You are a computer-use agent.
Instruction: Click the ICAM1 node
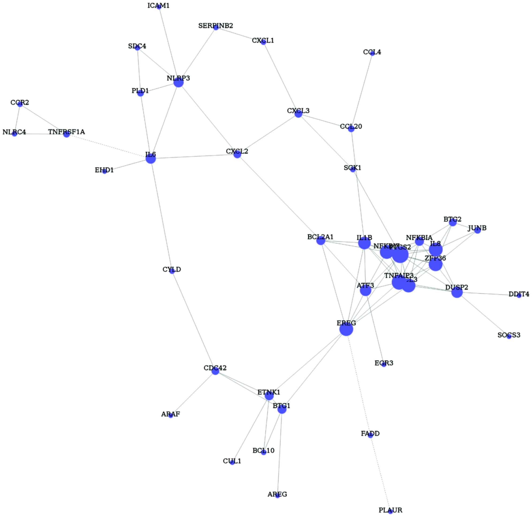point(159,7)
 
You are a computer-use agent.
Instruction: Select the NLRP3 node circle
point(179,82)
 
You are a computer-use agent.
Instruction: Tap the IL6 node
point(151,159)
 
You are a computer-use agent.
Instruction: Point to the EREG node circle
point(346,330)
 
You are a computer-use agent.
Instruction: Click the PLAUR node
point(391,512)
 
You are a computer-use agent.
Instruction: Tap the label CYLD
point(172,270)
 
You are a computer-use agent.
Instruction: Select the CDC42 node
point(215,371)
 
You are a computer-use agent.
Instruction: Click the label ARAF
point(171,414)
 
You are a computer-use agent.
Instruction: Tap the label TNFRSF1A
point(67,132)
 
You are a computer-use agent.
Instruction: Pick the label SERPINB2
point(216,26)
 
